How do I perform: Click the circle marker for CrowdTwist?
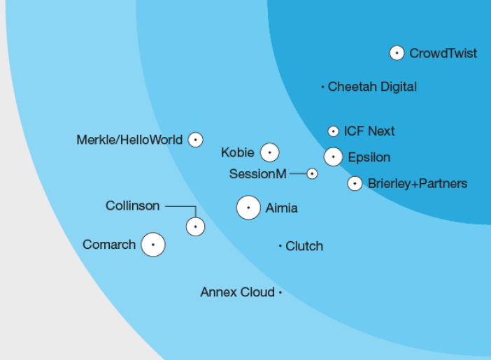pyautogui.click(x=397, y=53)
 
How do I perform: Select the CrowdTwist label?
pyautogui.click(x=443, y=53)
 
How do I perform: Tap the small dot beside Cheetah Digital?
pyautogui.click(x=322, y=87)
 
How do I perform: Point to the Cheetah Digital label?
pyautogui.click(x=372, y=87)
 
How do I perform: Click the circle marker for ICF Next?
pyautogui.click(x=333, y=131)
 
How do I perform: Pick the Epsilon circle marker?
pyautogui.click(x=333, y=157)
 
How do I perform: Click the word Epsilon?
pyautogui.click(x=369, y=157)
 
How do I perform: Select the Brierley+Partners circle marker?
pyautogui.click(x=355, y=183)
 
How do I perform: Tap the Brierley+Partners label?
pyautogui.click(x=418, y=183)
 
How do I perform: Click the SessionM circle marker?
pyautogui.click(x=312, y=173)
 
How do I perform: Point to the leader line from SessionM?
pyautogui.click(x=298, y=173)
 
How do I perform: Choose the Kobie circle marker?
pyautogui.click(x=269, y=152)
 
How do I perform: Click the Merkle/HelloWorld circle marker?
pyautogui.click(x=195, y=140)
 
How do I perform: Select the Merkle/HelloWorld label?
pyautogui.click(x=129, y=140)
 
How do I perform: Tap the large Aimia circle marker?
pyautogui.click(x=248, y=208)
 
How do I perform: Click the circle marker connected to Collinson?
pyautogui.click(x=195, y=226)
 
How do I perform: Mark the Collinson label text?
pyautogui.click(x=132, y=206)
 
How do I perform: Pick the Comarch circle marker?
pyautogui.click(x=152, y=245)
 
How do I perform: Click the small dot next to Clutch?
pyautogui.click(x=280, y=246)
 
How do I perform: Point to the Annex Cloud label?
pyautogui.click(x=237, y=292)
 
